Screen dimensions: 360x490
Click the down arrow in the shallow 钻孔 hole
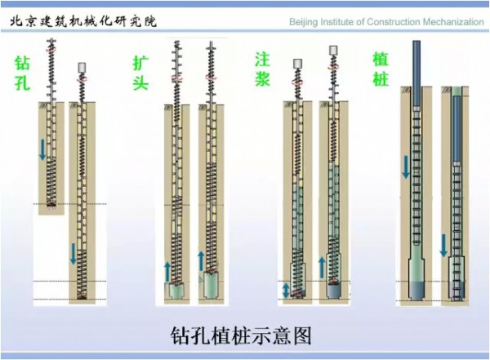[43, 149]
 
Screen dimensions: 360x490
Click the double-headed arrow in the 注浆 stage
[285, 289]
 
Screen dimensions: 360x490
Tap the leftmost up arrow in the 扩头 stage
[167, 269]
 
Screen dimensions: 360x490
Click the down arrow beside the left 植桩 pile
[405, 167]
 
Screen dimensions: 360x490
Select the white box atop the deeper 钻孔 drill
[82, 67]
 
